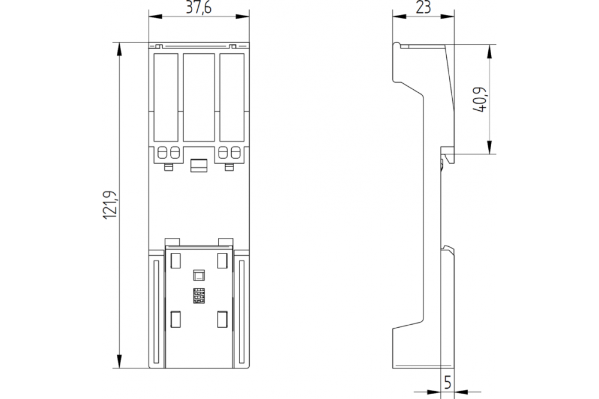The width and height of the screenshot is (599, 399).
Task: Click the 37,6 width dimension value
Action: pyautogui.click(x=199, y=8)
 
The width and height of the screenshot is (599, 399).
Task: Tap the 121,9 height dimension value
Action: pyautogui.click(x=110, y=205)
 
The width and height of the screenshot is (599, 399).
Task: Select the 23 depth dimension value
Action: pyautogui.click(x=423, y=7)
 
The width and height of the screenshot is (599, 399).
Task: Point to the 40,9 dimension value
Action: pyautogui.click(x=480, y=99)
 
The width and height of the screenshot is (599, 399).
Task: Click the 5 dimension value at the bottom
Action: pyautogui.click(x=447, y=382)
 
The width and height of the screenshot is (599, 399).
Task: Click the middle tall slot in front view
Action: pyautogui.click(x=199, y=98)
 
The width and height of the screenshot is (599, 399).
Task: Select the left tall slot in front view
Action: pyautogui.click(x=166, y=98)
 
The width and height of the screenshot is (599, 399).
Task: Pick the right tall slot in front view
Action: pyautogui.click(x=232, y=98)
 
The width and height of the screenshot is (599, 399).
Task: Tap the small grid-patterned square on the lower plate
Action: pyautogui.click(x=199, y=296)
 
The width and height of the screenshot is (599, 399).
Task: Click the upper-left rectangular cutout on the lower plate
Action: pyautogui.click(x=176, y=260)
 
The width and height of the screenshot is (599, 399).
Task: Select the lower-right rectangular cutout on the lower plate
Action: pyautogui.click(x=222, y=319)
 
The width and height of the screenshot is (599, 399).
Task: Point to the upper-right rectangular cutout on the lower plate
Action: pyautogui.click(x=222, y=260)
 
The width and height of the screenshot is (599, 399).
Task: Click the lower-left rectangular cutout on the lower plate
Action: pyautogui.click(x=176, y=319)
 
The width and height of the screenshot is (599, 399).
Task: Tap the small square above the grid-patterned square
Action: pyautogui.click(x=199, y=275)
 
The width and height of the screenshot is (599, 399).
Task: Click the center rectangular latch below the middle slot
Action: pyautogui.click(x=199, y=165)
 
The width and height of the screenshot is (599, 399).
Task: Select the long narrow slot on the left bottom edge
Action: pyautogui.click(x=156, y=312)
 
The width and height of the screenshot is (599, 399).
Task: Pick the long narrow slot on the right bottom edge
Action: pyautogui.click(x=241, y=312)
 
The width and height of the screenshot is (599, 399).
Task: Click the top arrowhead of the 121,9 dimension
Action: pyautogui.click(x=119, y=49)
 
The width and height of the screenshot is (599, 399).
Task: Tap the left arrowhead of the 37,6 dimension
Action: pyautogui.click(x=155, y=16)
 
